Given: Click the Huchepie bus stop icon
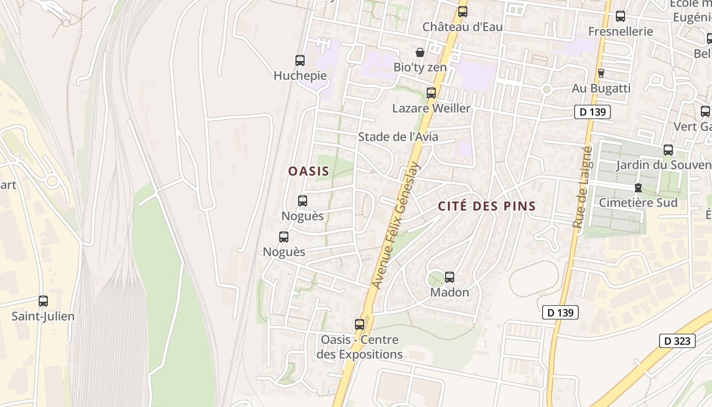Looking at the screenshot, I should (x=300, y=61).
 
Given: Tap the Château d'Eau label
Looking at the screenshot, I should (x=462, y=26).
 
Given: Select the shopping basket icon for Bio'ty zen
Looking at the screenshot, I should (x=420, y=52).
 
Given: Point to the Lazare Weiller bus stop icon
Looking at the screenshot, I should (x=431, y=93).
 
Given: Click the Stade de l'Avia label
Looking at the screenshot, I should (x=398, y=137).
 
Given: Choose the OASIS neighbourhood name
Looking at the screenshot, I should (x=309, y=171).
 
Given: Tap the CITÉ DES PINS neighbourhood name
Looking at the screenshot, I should (x=487, y=206).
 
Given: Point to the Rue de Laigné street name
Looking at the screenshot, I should (x=582, y=187).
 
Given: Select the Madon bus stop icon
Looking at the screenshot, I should (x=450, y=277).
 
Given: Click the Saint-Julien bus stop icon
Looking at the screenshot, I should (x=43, y=301).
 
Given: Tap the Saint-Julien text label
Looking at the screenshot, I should (x=43, y=316).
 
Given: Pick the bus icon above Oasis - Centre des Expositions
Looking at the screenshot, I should (x=360, y=325).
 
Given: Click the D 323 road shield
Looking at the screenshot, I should (x=677, y=341).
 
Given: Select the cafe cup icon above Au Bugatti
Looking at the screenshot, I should (x=601, y=73).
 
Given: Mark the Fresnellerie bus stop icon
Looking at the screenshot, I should (x=620, y=16).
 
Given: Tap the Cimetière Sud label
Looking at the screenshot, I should (x=638, y=202).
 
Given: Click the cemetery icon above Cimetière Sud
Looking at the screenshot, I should (x=638, y=188).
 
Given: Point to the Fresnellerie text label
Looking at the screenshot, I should (x=620, y=32).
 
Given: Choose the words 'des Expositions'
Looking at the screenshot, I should (x=360, y=354).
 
